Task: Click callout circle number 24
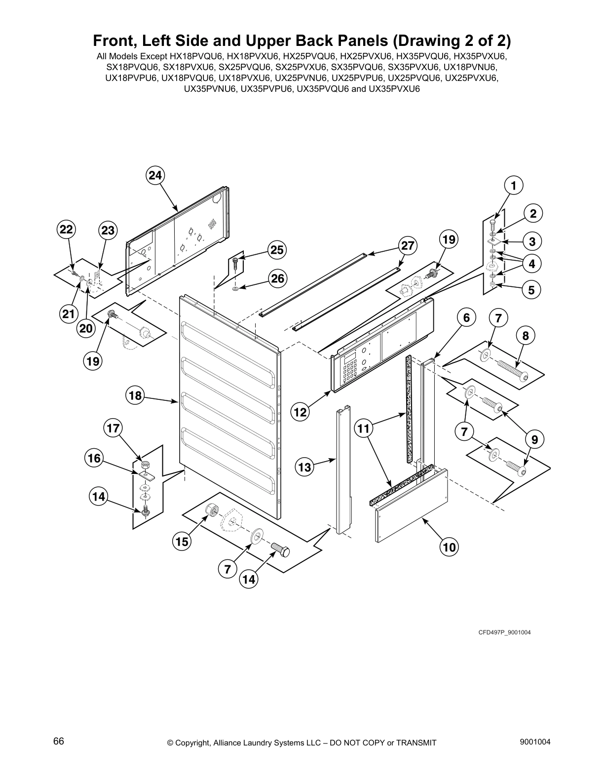155,175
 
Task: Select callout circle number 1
513,186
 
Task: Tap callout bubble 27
408,245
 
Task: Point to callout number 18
135,395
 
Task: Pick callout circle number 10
449,547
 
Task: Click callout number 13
304,467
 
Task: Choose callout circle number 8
526,336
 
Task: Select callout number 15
182,542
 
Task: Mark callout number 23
108,230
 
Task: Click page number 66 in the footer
58,742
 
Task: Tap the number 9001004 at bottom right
535,742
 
